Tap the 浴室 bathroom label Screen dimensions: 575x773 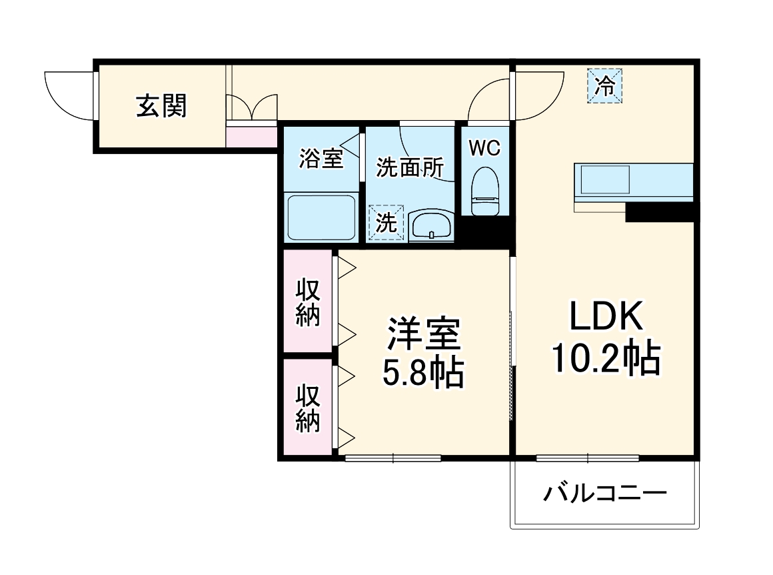coord(321,159)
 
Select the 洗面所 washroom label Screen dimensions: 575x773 coord(408,167)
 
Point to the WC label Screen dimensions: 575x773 coord(484,148)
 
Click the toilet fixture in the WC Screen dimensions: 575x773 coord(484,191)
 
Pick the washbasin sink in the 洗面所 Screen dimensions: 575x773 coord(431,225)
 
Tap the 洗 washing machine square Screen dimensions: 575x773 coord(386,223)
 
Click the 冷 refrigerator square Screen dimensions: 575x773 coord(604,86)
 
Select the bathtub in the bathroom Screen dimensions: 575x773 coord(321,217)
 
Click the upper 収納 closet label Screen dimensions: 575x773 coord(308,302)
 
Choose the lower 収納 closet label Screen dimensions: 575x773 coord(308,408)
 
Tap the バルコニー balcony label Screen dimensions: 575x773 coord(605,494)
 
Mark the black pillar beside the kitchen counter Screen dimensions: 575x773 coord(660,212)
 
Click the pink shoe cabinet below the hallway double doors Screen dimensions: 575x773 coord(251,137)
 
